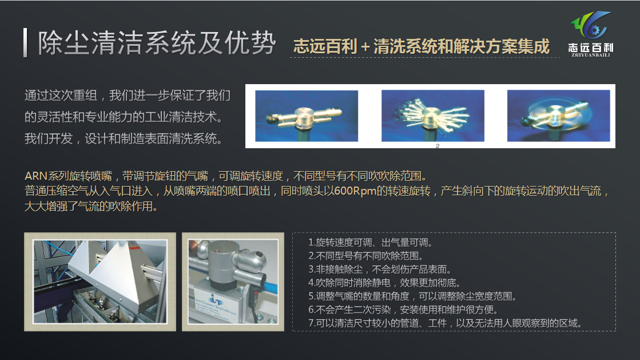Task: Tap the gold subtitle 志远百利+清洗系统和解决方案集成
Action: point(421,46)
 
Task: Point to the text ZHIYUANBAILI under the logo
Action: point(590,56)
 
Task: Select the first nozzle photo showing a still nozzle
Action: point(306,116)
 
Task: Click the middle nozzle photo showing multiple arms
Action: point(432,116)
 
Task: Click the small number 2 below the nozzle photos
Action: point(437,146)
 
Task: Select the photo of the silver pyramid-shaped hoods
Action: point(100,282)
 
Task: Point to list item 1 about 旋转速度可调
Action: point(369,243)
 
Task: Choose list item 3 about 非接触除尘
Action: point(380,270)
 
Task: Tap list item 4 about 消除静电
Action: point(384,283)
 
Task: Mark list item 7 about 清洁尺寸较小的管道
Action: point(445,323)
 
